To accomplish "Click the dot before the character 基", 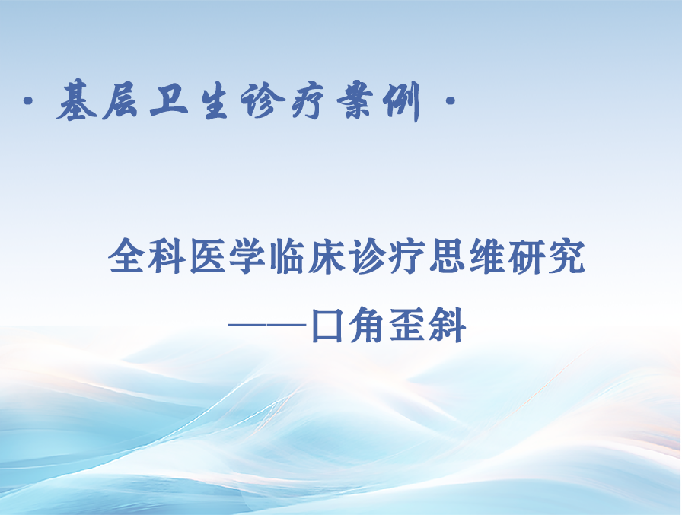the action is (x=29, y=102).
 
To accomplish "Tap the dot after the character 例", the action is (x=450, y=102).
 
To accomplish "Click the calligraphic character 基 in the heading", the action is (x=78, y=101).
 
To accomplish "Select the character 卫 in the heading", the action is (x=169, y=101).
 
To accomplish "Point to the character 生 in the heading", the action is (x=215, y=102).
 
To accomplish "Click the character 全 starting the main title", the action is (x=127, y=256).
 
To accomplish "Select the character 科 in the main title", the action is (x=166, y=256).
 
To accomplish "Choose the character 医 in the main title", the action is (x=206, y=256).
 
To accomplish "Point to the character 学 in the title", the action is (x=247, y=256).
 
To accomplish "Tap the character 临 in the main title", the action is (x=287, y=256).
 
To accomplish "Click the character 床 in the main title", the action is (x=327, y=256).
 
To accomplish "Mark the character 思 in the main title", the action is (x=447, y=256).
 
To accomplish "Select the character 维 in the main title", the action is (x=486, y=256).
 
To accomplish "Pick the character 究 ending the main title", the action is (x=566, y=256).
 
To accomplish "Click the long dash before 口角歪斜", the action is (x=266, y=325).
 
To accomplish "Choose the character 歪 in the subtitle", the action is (x=407, y=325).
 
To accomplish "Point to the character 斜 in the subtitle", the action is (x=448, y=325).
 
